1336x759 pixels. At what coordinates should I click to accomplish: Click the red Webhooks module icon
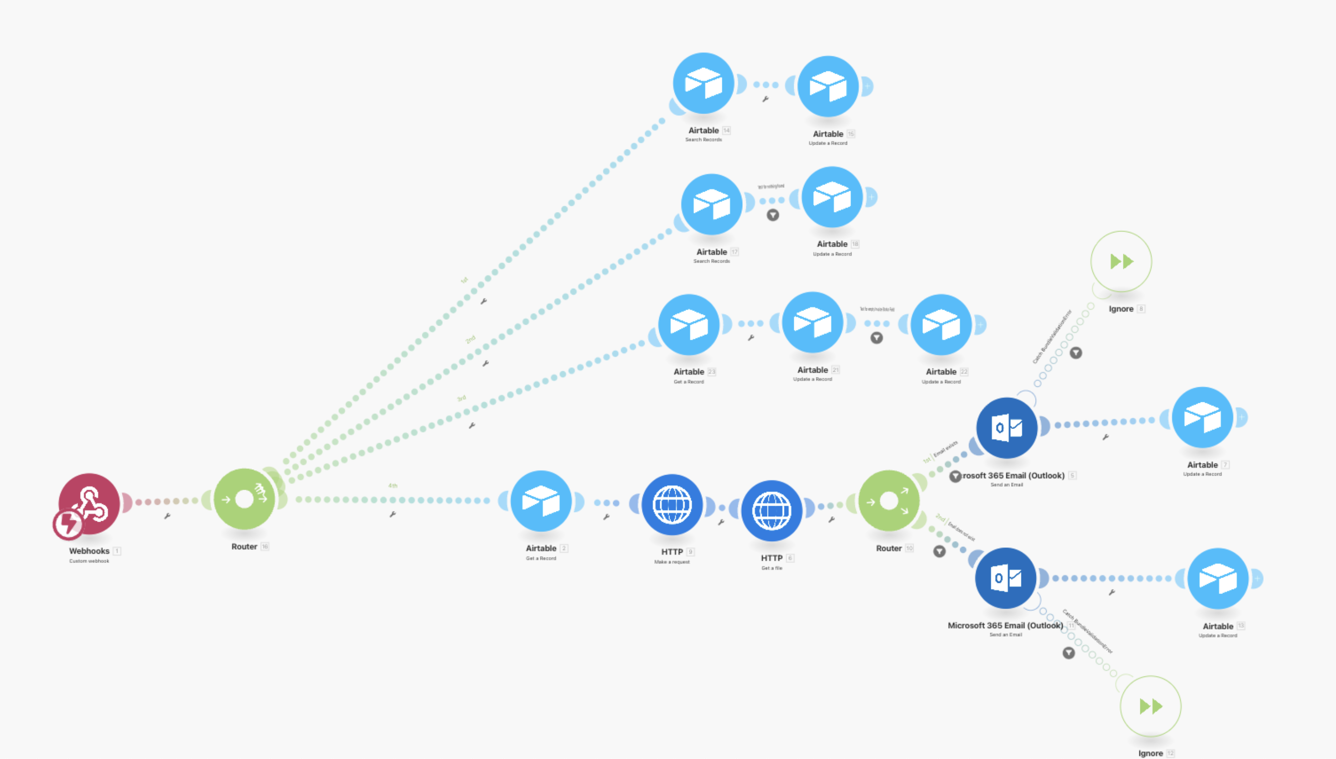click(89, 503)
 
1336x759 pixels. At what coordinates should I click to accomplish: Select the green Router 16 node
click(244, 499)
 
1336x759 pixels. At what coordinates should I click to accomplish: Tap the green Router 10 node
click(888, 501)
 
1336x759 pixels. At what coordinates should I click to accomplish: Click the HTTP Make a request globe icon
click(672, 505)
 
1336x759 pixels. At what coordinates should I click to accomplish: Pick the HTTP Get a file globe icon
click(771, 511)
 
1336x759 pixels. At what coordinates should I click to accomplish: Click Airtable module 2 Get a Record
click(541, 501)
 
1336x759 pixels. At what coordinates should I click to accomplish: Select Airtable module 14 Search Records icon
click(703, 83)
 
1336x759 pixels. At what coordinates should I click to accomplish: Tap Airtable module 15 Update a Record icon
click(828, 86)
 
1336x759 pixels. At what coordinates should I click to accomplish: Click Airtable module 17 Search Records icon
click(711, 204)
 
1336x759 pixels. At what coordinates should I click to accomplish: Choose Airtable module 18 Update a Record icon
click(832, 197)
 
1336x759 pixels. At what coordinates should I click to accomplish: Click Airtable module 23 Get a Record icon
click(688, 324)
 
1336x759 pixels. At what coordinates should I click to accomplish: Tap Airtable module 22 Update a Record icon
click(941, 324)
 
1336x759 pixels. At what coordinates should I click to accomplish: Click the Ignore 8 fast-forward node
click(1121, 261)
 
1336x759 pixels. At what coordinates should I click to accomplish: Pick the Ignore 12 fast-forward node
click(1151, 707)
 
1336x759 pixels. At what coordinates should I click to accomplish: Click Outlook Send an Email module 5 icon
click(1006, 428)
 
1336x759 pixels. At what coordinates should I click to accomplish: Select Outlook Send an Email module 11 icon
click(1005, 577)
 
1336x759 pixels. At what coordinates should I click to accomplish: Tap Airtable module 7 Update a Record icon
click(1202, 417)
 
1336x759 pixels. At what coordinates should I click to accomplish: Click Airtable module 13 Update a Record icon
click(1218, 578)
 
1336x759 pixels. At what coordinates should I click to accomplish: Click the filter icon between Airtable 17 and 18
click(772, 215)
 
